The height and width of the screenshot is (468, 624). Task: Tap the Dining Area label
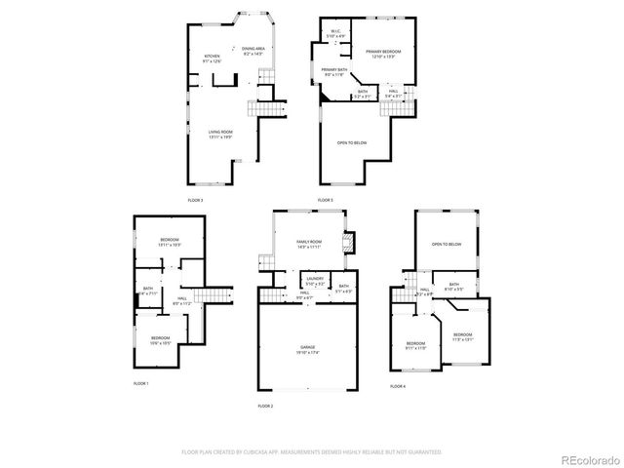click(253, 51)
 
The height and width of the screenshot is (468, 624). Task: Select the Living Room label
click(219, 135)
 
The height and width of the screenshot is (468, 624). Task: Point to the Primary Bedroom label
click(384, 53)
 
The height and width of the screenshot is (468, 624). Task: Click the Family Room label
click(309, 242)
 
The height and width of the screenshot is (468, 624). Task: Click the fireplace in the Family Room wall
click(348, 242)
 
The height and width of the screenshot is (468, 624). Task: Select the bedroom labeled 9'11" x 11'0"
click(415, 345)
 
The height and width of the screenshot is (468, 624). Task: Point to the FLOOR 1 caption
click(141, 384)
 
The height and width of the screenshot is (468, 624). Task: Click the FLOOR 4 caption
click(397, 387)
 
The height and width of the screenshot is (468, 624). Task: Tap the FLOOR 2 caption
click(265, 405)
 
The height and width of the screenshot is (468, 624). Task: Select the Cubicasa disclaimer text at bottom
click(312, 451)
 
